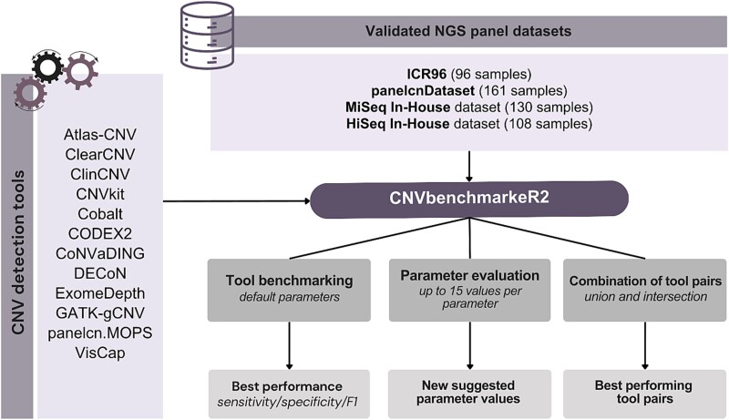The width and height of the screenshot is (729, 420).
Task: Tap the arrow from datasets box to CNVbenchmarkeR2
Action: [468, 162]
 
